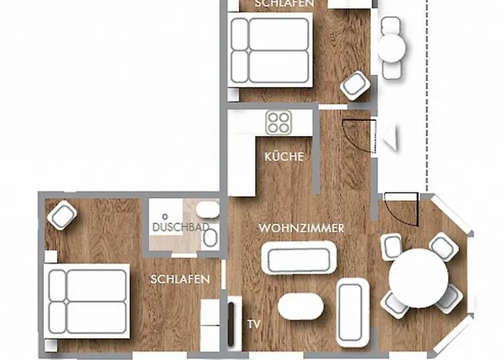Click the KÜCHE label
tap(284, 157)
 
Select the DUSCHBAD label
tap(181, 228)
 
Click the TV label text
tap(253, 325)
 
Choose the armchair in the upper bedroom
tap(356, 86)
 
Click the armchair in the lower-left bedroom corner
tap(63, 215)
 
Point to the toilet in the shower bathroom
tap(207, 211)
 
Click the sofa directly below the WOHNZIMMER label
tap(298, 258)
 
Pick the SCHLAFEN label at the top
tap(284, 4)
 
